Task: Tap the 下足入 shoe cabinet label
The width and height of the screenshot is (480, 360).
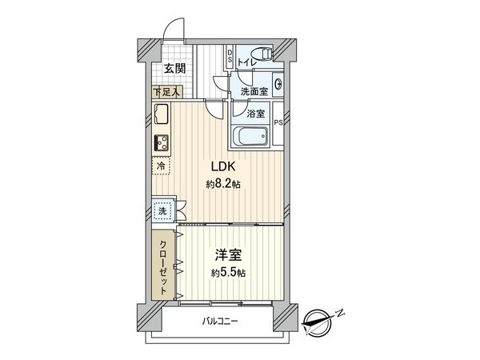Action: click(166, 91)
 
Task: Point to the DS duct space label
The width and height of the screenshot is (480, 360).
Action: click(230, 58)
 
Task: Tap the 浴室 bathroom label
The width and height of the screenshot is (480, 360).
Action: click(255, 114)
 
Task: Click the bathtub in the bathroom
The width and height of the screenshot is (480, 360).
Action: click(250, 137)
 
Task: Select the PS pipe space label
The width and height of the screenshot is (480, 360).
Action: click(278, 122)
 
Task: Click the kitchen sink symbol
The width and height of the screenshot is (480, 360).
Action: click(161, 116)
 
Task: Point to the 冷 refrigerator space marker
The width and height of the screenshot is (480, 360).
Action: click(161, 166)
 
